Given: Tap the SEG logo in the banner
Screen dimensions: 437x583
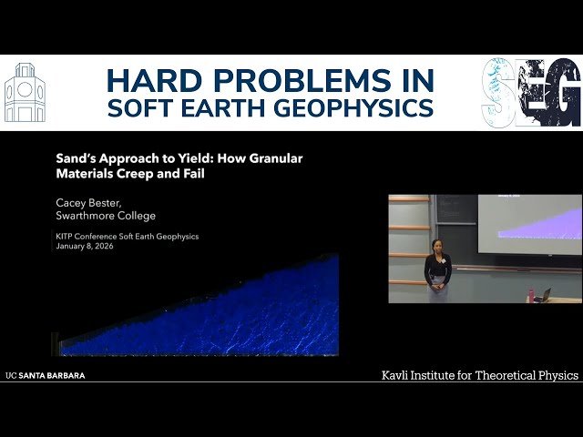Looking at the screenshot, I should coord(530,92).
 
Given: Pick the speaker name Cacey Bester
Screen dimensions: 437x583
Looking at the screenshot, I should coord(94,201).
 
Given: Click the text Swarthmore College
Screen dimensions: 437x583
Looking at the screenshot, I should coord(106,216).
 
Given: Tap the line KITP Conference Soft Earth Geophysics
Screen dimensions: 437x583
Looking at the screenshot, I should coord(128,237).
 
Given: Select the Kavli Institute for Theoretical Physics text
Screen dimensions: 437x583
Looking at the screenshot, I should coord(478,375).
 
